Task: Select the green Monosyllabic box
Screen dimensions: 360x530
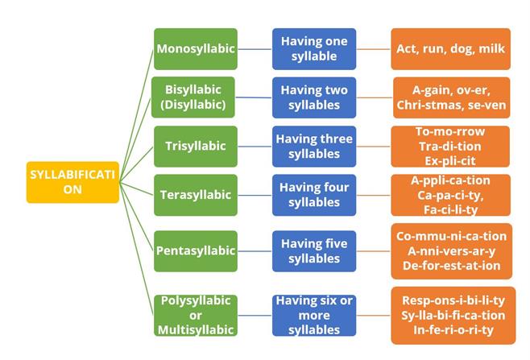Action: (195, 48)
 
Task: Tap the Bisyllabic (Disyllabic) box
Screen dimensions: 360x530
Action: (195, 97)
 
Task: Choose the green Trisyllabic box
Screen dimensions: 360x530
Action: (195, 146)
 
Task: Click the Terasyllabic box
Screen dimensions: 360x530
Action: (195, 195)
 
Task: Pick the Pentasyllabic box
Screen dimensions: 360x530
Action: (195, 250)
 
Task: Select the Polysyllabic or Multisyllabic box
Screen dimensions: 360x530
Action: (195, 315)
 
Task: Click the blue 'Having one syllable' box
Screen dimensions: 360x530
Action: (314, 48)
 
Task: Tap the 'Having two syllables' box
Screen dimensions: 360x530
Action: (314, 97)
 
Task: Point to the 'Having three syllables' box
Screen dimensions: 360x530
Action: (314, 146)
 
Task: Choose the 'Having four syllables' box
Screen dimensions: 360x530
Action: (314, 195)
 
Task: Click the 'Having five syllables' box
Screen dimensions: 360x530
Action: (314, 250)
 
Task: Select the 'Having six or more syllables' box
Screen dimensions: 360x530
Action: (314, 315)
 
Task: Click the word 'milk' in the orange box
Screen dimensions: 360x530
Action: (491, 49)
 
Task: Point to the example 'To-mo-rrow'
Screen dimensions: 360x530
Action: (451, 131)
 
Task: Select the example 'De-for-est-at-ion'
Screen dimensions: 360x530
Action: (451, 265)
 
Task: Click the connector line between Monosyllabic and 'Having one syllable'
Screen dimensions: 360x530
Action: (255, 48)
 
